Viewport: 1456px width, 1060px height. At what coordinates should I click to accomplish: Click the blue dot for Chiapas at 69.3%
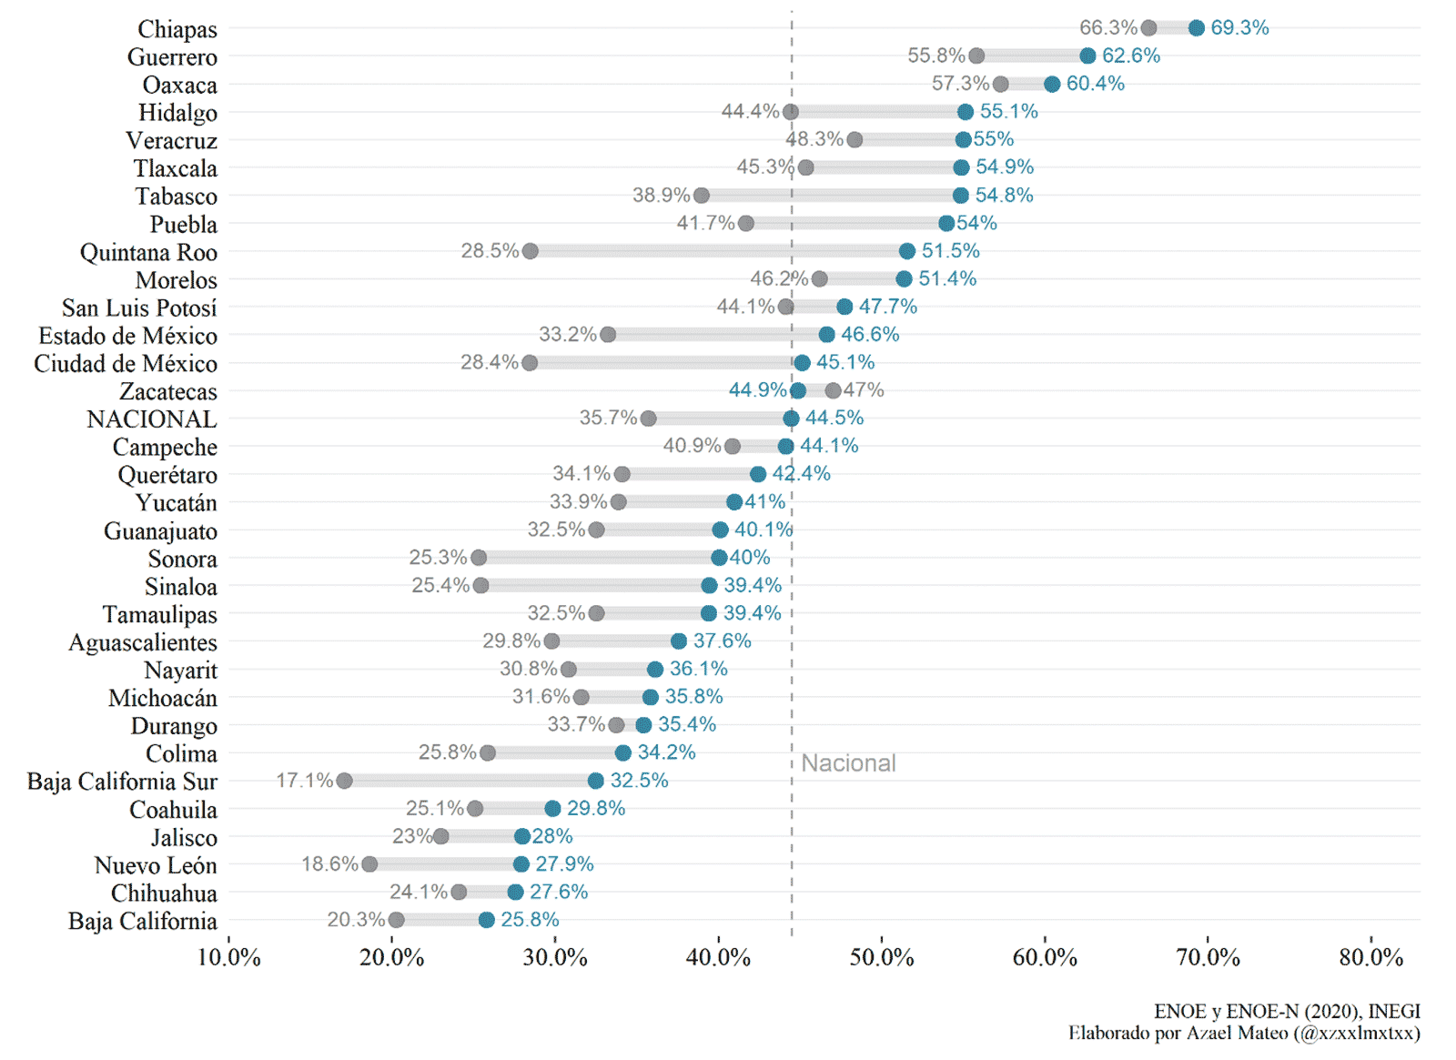pos(1196,28)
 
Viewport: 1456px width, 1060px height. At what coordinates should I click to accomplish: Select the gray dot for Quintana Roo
pos(530,251)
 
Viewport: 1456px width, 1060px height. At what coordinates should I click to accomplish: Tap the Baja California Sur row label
pos(122,782)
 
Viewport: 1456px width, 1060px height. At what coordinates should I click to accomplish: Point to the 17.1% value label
pos(304,781)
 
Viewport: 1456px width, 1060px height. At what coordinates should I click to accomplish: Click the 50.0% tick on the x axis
pos(881,957)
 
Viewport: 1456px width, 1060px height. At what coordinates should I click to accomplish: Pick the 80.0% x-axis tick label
pos(1370,957)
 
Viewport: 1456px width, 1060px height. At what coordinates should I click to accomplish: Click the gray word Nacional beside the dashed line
pos(848,763)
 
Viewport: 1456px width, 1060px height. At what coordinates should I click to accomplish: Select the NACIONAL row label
pos(152,419)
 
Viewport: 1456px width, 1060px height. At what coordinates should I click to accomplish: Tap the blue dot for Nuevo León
pos(521,864)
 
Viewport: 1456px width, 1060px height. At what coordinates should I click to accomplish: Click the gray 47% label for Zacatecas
pos(864,390)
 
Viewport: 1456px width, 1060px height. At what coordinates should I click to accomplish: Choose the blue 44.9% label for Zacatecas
pos(757,390)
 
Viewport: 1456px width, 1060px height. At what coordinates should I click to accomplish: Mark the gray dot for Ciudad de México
pos(530,363)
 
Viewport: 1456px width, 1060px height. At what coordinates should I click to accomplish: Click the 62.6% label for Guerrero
pos(1130,56)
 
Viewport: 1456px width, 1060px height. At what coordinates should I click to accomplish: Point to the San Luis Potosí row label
pos(139,308)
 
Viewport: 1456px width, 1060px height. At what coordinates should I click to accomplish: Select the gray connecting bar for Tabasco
pos(830,196)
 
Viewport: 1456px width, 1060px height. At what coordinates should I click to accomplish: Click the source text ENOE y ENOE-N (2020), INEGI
pos(1286,1011)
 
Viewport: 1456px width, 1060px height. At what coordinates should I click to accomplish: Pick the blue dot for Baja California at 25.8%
pos(486,920)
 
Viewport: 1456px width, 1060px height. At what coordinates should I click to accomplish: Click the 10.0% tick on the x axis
pos(228,957)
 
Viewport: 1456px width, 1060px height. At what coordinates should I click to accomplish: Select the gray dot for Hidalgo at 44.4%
pos(790,112)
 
